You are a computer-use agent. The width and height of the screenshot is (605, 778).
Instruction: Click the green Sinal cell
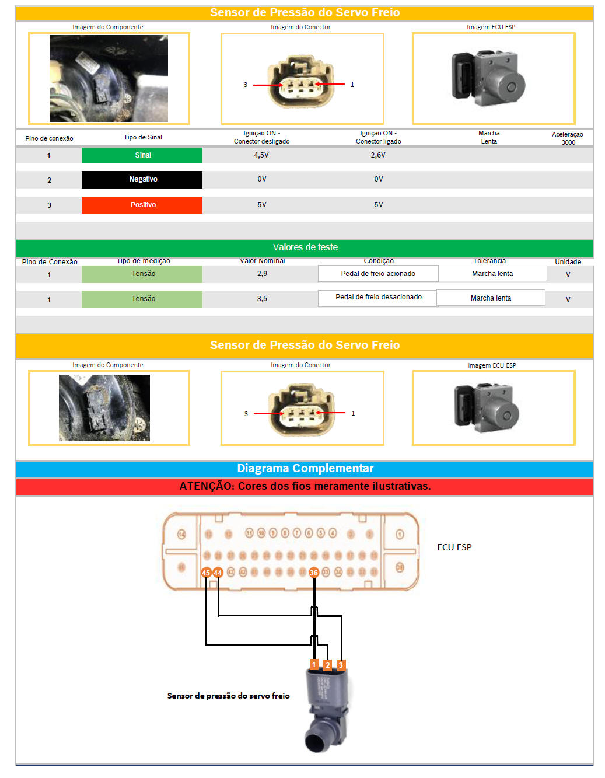[x=142, y=155]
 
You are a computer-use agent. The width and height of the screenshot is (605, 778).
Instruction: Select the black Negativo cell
[x=142, y=179]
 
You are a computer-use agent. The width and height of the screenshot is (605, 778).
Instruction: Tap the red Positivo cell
[x=142, y=205]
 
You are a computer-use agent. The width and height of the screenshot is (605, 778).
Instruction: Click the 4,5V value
[x=261, y=155]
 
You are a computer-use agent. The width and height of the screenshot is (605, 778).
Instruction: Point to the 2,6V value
[x=378, y=155]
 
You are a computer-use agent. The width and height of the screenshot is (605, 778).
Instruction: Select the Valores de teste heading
[x=305, y=247]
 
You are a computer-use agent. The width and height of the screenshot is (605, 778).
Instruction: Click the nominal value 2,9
[x=262, y=274]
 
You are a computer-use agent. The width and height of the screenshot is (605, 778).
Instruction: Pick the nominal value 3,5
[x=262, y=299]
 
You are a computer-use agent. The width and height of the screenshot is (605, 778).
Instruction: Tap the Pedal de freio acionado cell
[x=378, y=274]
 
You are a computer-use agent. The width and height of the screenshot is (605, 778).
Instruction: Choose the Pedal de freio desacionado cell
[x=378, y=297]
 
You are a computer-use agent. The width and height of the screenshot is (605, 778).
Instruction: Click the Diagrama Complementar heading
[x=305, y=469]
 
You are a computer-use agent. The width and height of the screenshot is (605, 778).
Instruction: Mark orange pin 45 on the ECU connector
[x=206, y=573]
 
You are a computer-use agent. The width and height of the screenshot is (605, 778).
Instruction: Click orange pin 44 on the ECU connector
[x=218, y=573]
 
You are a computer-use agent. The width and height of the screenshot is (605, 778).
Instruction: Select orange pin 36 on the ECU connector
[x=314, y=573]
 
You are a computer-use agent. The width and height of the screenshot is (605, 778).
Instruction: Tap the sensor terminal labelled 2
[x=327, y=665]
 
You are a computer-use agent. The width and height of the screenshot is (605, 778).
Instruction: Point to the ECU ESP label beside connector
[x=454, y=547]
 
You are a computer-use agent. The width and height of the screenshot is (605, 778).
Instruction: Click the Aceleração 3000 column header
[x=567, y=138]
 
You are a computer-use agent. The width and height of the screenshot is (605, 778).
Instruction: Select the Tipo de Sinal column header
[x=142, y=138]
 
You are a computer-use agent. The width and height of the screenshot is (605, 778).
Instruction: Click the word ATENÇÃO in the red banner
[x=206, y=486]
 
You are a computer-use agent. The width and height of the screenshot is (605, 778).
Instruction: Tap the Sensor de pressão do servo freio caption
[x=228, y=696]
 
